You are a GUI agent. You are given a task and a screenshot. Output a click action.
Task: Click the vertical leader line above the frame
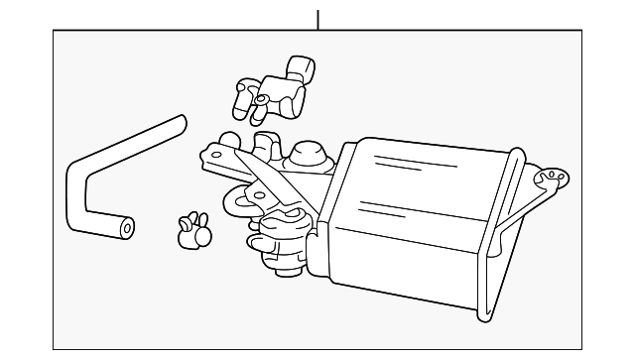click(317, 19)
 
